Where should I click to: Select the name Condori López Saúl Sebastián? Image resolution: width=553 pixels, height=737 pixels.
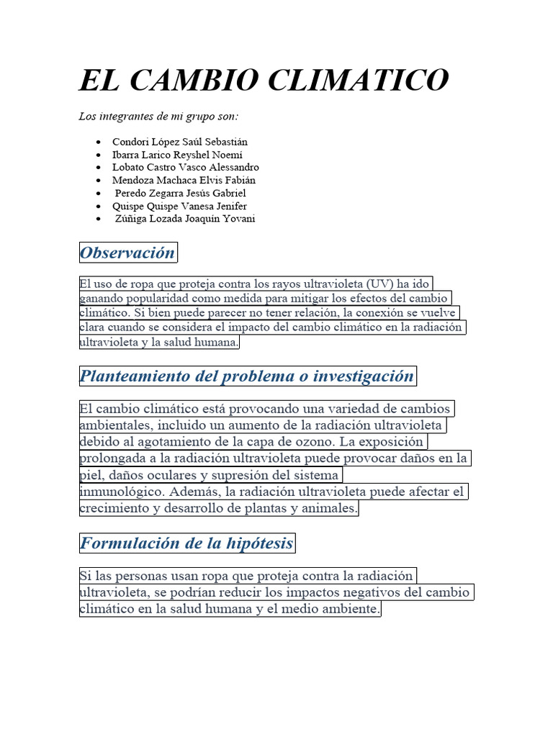[x=179, y=142]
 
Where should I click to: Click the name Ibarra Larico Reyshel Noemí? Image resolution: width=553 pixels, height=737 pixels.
[x=177, y=155]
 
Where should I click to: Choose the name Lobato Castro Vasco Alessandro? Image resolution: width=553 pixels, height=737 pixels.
[x=185, y=167]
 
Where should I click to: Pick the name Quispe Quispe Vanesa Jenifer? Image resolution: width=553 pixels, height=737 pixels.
[x=179, y=206]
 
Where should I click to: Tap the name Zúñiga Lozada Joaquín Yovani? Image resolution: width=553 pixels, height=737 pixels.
[x=184, y=219]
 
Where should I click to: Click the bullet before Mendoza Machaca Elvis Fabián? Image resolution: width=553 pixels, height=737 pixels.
[x=98, y=181]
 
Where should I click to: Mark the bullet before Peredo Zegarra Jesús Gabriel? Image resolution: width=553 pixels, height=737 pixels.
[x=98, y=194]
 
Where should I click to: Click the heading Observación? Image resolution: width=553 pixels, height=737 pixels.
[x=127, y=253]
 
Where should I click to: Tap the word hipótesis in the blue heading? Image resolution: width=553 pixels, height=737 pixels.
[x=261, y=543]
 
